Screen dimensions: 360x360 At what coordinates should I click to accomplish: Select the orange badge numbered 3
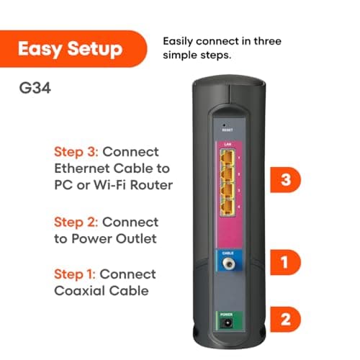285,180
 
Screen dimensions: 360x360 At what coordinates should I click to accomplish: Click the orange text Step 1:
75,274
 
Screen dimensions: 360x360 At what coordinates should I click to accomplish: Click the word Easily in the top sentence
180,41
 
